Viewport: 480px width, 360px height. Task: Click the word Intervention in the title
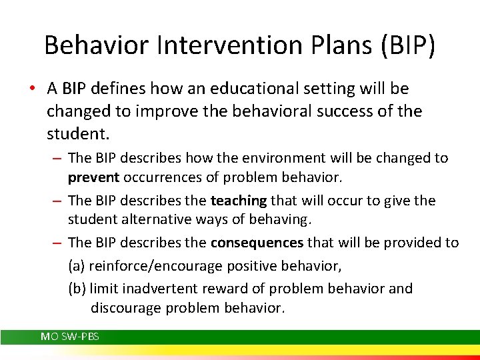[x=213, y=45]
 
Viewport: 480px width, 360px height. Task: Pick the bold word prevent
[x=95, y=178]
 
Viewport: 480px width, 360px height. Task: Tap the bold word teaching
[x=238, y=201]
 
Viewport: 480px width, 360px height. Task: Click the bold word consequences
[x=257, y=243]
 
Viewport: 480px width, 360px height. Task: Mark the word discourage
[x=125, y=308]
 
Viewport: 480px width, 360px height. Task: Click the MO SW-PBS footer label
[x=70, y=337]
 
